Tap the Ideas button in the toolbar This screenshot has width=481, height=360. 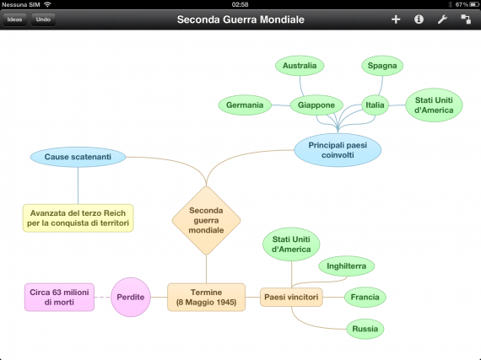[x=14, y=19]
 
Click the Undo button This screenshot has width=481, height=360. [x=43, y=19]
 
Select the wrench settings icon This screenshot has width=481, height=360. [x=442, y=19]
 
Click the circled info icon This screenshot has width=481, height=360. [x=419, y=19]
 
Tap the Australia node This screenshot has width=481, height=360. [x=300, y=66]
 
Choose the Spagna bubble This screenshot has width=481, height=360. [x=382, y=66]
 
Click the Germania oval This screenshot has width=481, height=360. [x=245, y=105]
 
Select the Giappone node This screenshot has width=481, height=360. [x=316, y=105]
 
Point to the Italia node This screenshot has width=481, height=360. [x=375, y=105]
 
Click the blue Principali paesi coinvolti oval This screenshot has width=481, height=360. [x=338, y=150]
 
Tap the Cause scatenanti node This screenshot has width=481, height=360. [x=78, y=157]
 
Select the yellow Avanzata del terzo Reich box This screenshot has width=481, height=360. [x=78, y=218]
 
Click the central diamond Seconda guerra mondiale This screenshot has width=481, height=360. [x=206, y=221]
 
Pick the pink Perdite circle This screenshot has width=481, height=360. [x=131, y=298]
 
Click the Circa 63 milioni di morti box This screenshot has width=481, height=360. [x=60, y=298]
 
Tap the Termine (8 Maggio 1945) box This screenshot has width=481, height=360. [x=206, y=298]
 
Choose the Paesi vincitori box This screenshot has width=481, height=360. [x=291, y=298]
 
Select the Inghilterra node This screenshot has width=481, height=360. [x=347, y=266]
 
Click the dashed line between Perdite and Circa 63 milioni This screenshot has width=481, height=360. [x=102, y=298]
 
